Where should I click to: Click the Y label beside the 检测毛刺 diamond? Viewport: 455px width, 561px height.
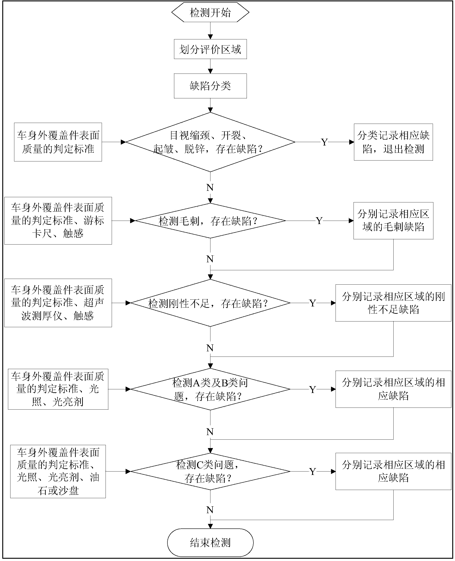[319, 221]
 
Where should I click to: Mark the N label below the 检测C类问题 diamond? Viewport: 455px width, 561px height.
[210, 510]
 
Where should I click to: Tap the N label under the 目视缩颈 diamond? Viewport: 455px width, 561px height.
[210, 188]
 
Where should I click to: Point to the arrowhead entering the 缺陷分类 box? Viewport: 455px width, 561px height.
[210, 71]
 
